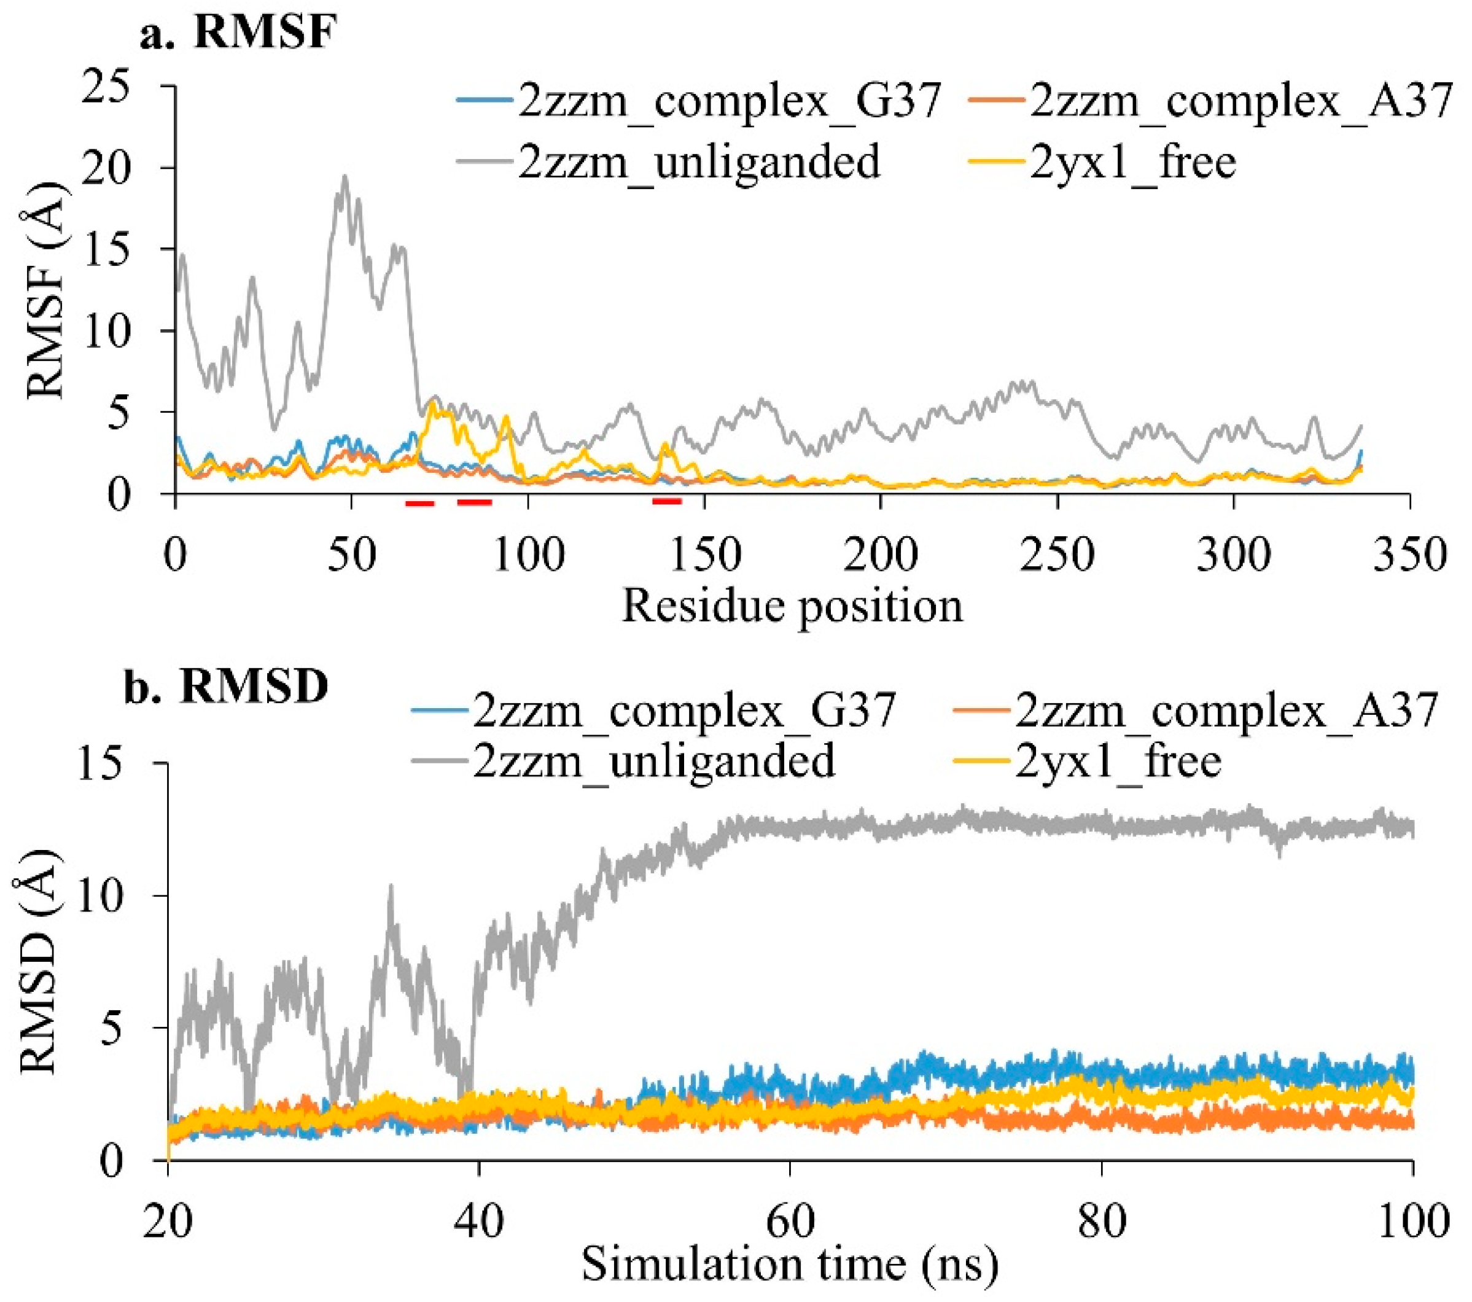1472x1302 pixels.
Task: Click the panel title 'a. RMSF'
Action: coord(238,33)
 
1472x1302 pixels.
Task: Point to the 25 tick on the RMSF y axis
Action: coord(116,87)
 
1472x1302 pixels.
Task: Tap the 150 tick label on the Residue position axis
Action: coord(704,555)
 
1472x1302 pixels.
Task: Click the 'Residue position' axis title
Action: coord(792,606)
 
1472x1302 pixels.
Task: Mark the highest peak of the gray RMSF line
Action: coord(345,176)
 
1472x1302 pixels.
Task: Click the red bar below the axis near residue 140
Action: coord(667,501)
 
